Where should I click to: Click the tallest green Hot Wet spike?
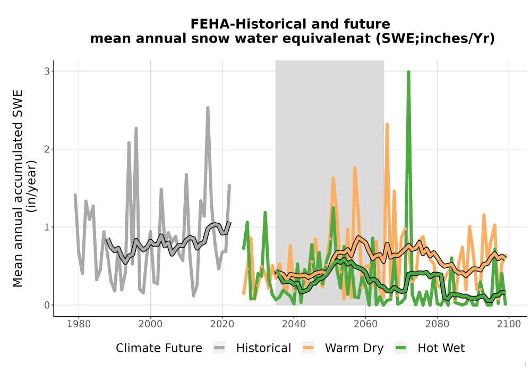pos(409,72)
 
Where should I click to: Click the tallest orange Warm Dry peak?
pos(387,125)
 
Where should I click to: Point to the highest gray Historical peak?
pos(208,108)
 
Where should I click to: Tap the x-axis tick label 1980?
pos(79,324)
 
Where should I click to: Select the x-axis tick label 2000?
pos(151,324)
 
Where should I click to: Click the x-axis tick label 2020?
pos(222,324)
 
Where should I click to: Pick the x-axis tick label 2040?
pos(294,324)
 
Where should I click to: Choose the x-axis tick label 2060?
pos(365,324)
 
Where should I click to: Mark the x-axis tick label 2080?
pos(437,324)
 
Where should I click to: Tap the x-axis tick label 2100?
pos(509,324)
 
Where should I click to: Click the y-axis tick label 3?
pos(47,71)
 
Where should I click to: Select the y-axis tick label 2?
pos(47,149)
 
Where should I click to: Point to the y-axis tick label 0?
pos(47,305)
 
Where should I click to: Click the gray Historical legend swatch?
pos(219,348)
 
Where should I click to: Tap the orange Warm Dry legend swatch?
pos(308,348)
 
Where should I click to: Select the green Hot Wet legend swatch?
pos(401,348)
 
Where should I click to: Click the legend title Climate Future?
pos(159,348)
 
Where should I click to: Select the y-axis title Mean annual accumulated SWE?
pos(18,188)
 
